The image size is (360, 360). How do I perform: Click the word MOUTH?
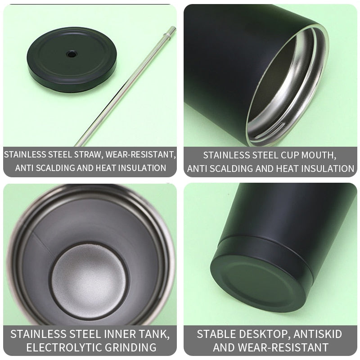click(315, 155)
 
